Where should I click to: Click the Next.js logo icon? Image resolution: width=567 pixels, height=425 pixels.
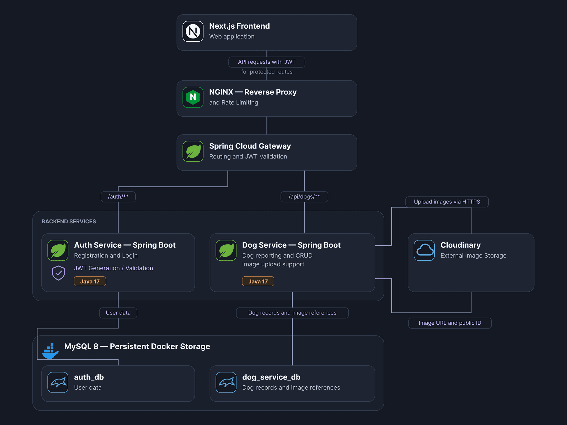point(193,31)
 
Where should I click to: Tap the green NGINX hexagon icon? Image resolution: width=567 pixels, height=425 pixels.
point(193,97)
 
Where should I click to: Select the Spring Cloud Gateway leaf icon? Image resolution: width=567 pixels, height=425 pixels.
point(193,151)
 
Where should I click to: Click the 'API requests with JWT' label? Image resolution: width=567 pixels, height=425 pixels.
point(267,62)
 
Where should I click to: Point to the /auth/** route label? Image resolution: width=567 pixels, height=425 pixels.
point(118,197)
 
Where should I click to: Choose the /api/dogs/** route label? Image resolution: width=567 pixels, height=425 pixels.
point(304,197)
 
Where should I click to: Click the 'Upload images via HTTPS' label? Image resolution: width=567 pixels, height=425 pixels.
point(447,202)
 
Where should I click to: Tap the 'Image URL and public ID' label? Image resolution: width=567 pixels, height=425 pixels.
point(450,323)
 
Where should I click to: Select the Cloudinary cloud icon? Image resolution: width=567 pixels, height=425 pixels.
point(424,250)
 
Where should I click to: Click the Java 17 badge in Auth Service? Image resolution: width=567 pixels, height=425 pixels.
point(90,282)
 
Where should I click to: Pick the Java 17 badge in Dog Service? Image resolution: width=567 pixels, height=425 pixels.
point(258,282)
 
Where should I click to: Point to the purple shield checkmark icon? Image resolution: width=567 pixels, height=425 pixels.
point(58,273)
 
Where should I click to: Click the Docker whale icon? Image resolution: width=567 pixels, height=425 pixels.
point(50,351)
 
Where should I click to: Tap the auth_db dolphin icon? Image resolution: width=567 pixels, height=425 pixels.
point(58,382)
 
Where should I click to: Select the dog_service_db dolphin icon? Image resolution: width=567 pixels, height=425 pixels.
point(226,382)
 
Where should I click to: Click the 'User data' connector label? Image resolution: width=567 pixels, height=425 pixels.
point(118,313)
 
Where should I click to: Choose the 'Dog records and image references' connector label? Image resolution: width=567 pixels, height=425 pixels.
point(292,313)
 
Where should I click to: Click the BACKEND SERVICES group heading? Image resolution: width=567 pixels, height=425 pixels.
point(69,222)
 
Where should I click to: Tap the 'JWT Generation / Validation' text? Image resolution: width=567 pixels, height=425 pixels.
point(114,268)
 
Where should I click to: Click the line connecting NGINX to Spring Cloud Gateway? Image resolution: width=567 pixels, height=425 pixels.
point(267,126)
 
